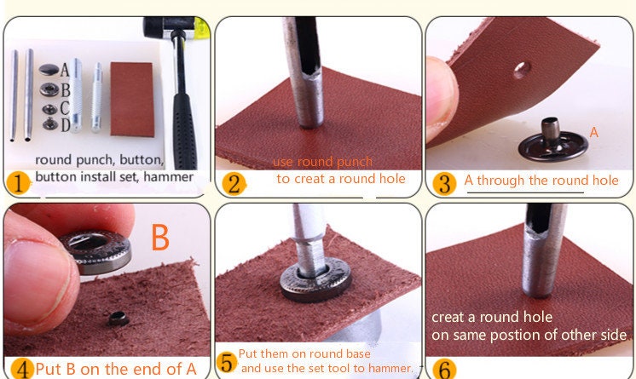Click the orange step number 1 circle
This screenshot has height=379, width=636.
point(18,183)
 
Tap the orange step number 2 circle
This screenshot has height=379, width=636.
point(234,184)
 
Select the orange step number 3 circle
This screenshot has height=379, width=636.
point(444,184)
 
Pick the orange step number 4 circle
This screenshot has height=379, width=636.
point(22,370)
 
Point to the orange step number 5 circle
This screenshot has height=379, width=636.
point(228,362)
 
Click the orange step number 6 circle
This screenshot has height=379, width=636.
point(444,369)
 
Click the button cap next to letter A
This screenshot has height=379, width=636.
point(49,70)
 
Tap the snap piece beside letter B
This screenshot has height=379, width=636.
point(49,89)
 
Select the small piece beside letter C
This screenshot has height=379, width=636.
point(49,110)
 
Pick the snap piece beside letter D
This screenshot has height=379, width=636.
point(50,123)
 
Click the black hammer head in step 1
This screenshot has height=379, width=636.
point(169,27)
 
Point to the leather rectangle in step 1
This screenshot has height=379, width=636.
point(132,100)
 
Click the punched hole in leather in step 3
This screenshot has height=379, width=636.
point(522,70)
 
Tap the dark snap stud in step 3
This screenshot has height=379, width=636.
point(552,141)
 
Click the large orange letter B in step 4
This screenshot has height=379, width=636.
point(160,237)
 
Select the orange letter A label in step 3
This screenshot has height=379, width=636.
point(594,132)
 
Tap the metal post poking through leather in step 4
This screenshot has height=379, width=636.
point(119,319)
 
